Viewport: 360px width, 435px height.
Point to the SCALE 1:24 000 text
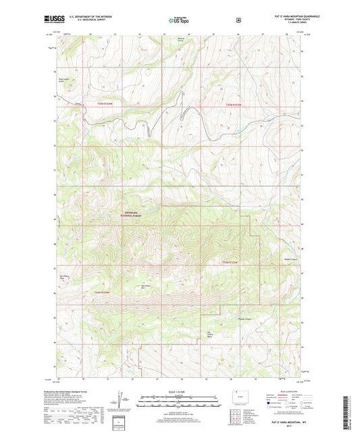pyautogui.click(x=178, y=392)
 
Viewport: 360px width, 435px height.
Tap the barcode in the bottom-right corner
pyautogui.click(x=346, y=412)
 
